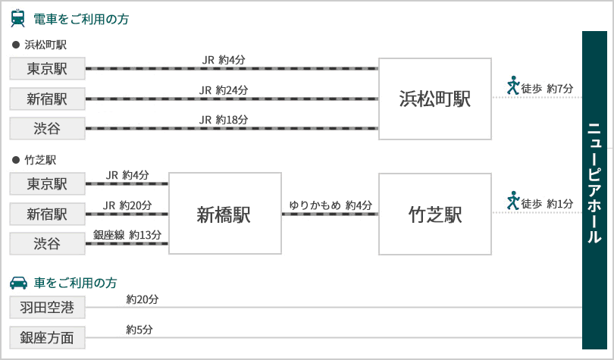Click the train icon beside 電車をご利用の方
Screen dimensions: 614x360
17,18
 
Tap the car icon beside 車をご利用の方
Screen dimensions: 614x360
18,283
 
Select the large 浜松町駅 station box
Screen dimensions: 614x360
434,99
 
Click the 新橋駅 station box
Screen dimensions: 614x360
225,213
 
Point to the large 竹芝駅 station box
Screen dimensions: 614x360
434,214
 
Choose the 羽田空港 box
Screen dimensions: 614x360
48,307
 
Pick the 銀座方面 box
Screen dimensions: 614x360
48,337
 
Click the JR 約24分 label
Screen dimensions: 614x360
224,90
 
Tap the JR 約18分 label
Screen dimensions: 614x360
224,120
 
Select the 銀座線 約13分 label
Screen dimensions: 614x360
127,235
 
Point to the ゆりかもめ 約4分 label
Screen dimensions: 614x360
330,205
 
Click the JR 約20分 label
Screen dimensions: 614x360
127,205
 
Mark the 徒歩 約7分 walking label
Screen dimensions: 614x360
547,89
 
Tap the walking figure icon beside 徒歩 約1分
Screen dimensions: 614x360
513,200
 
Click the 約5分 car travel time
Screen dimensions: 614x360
139,330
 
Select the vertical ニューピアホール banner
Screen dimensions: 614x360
594,190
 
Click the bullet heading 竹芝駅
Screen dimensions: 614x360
34,160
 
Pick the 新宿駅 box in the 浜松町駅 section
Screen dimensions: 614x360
48,99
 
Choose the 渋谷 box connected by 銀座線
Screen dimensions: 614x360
48,243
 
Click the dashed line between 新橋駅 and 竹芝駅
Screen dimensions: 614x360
330,214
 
